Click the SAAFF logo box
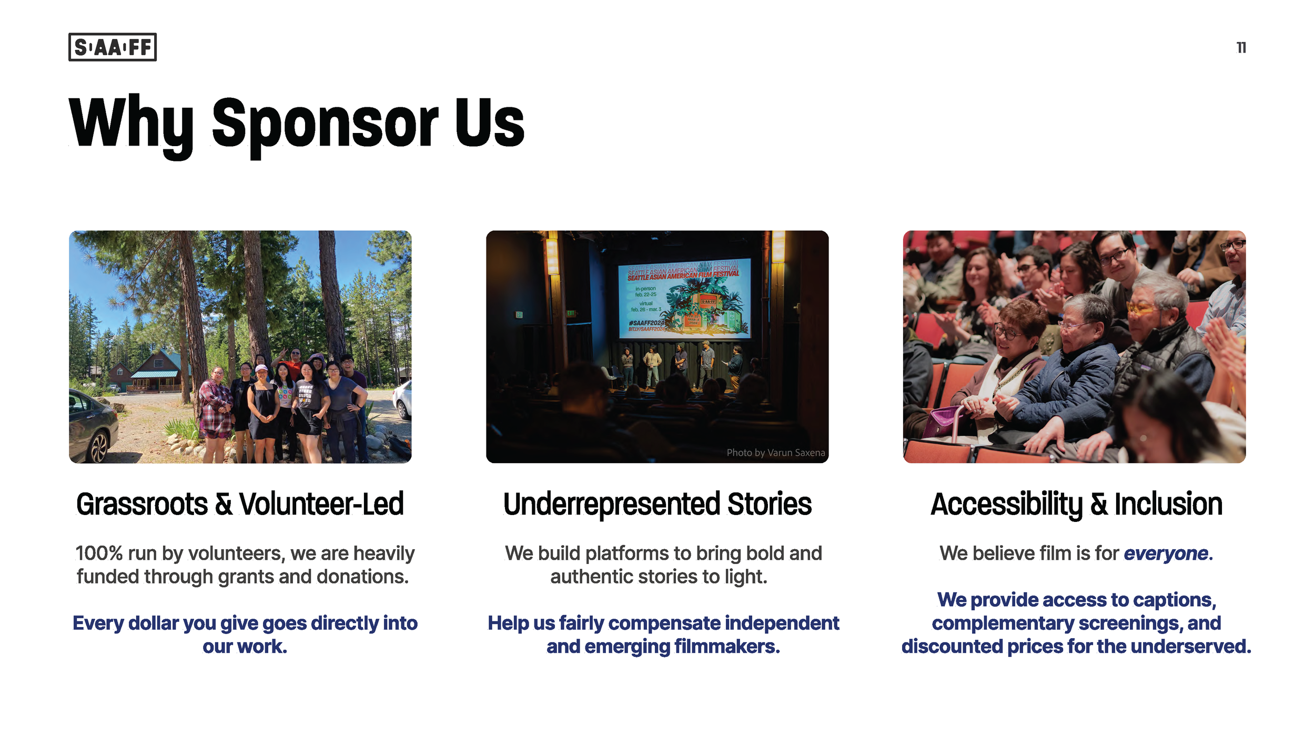click(x=113, y=47)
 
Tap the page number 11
click(x=1241, y=48)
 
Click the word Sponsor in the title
click(x=325, y=124)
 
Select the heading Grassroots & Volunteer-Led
click(x=240, y=504)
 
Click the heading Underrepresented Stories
click(x=657, y=504)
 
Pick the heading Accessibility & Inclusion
click(x=1076, y=504)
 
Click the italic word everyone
click(x=1166, y=553)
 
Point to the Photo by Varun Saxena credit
click(x=775, y=453)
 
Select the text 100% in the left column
click(x=99, y=553)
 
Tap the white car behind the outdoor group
click(x=403, y=399)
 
